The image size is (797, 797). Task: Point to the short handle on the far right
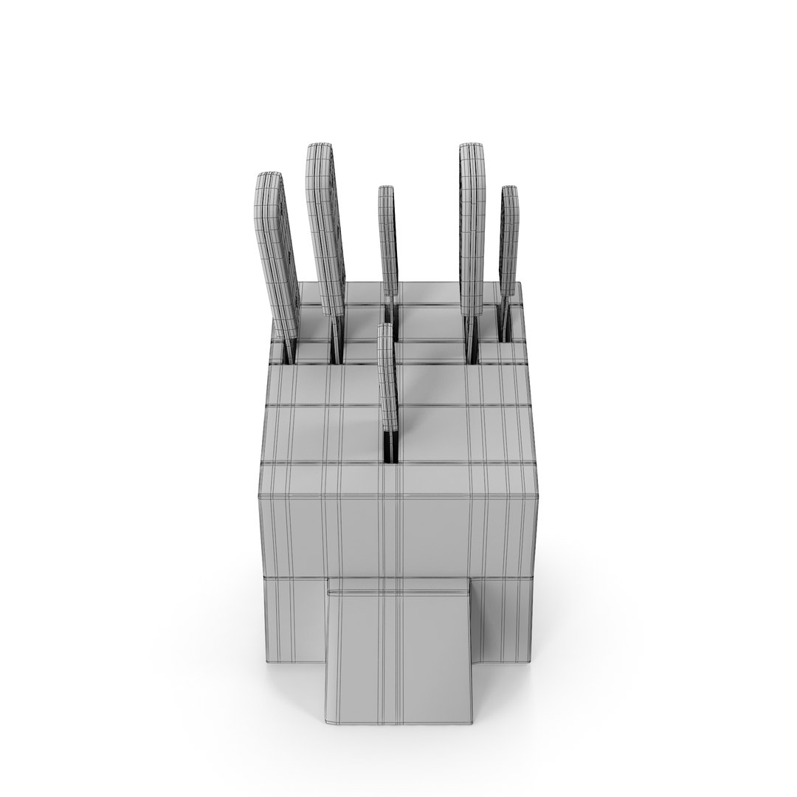[x=509, y=244]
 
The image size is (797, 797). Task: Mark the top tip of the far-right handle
[x=509, y=190]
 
